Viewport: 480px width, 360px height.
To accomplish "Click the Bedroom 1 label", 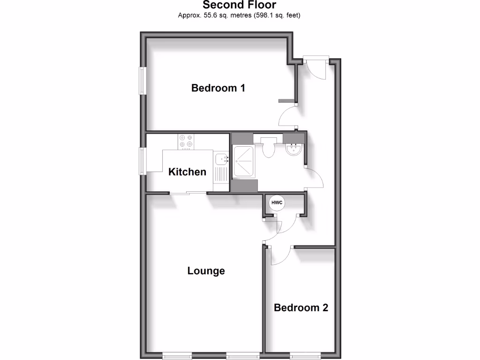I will point(218,88).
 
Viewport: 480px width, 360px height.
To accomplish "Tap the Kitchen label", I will point(187,172).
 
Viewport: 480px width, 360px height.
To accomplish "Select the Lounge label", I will point(206,270).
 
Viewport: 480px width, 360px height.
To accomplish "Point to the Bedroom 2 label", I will point(301,307).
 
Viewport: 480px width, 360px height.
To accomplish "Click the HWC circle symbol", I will point(276,203).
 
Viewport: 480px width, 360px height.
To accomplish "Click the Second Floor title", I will point(240,5).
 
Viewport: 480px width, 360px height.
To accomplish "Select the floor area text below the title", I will point(239,15).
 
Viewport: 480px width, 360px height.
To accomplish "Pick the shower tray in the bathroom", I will point(244,162).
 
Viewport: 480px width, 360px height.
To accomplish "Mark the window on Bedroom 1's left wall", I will point(142,81).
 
